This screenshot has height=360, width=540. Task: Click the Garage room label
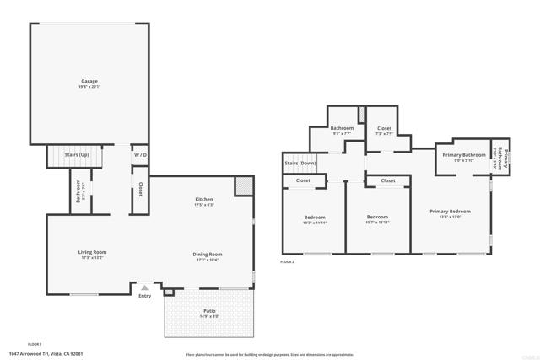pos(89,81)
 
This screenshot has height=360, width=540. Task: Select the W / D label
pos(139,155)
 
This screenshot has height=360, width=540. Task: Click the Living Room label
pos(93,252)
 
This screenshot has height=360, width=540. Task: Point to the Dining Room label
pos(208,254)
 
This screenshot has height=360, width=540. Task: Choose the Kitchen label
pos(205,199)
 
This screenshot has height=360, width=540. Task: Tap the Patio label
pos(208,311)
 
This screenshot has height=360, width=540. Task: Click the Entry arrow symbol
pos(144,287)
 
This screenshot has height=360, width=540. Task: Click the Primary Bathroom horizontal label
pos(462,155)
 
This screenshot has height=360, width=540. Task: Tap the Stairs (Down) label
pos(301,163)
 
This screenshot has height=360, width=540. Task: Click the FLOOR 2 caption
pos(287,262)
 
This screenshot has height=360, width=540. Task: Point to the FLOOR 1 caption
pos(35,343)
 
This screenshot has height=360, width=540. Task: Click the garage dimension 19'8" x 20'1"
pos(89,86)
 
